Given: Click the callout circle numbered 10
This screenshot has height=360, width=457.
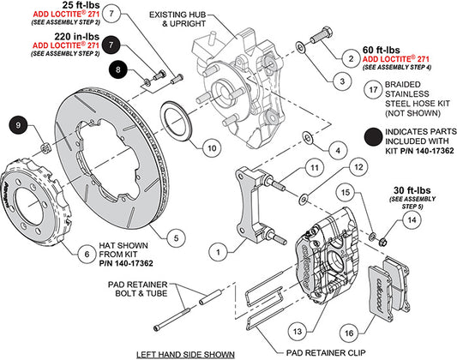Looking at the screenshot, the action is click(212, 148).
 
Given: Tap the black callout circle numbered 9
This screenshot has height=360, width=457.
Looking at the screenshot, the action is click(18, 125).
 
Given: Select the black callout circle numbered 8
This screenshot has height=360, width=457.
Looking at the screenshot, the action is click(117, 70).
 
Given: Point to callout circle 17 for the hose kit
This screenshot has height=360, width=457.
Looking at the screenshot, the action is click(373, 90).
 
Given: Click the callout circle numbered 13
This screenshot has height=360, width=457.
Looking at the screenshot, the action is click(297, 332).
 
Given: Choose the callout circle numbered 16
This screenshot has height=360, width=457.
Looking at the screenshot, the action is click(349, 333).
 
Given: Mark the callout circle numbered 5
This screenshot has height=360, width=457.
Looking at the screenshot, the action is click(176, 238).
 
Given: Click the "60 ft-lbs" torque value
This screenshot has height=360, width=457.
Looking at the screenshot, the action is click(382, 50).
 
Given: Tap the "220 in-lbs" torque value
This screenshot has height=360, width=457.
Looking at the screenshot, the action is click(77, 37).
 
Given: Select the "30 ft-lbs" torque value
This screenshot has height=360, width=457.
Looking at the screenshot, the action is click(412, 190).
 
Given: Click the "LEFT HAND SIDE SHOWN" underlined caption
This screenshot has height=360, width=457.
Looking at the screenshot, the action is click(186, 355).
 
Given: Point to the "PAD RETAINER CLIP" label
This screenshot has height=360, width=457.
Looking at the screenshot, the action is click(326, 353).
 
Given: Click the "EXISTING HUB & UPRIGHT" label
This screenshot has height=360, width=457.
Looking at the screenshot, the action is click(177, 19).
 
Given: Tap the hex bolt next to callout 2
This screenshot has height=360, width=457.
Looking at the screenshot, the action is click(321, 34).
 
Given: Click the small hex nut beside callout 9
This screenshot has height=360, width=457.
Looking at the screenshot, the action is click(45, 148).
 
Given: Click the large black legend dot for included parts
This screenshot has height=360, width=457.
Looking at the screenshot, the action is click(373, 136).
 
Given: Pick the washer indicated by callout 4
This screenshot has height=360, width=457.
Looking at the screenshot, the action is click(308, 137).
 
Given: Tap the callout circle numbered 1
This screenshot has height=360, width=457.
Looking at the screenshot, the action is click(219, 252).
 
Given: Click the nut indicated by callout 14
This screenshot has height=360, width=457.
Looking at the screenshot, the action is click(383, 242).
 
